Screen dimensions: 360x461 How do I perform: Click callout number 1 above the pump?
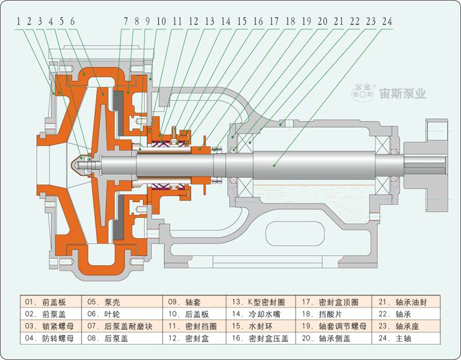point(19,21)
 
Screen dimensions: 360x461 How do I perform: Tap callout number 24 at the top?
point(387,21)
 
